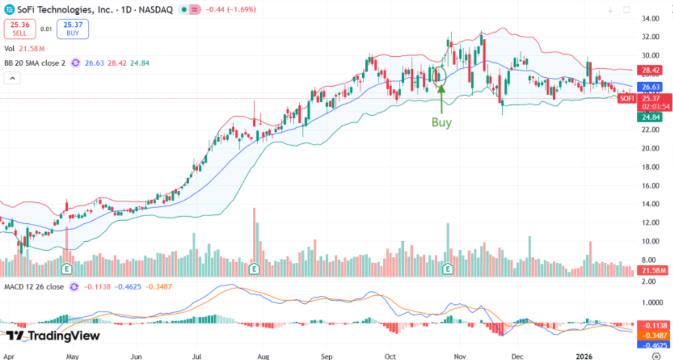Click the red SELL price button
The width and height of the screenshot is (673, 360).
[x=19, y=29]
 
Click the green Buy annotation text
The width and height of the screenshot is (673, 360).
[x=442, y=122]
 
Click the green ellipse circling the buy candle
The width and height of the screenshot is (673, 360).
[x=440, y=76]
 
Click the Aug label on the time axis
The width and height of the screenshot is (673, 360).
[x=264, y=356]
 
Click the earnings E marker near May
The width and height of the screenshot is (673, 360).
[x=67, y=269]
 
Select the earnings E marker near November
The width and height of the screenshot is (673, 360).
[x=448, y=269]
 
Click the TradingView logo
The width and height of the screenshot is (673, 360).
[x=53, y=336]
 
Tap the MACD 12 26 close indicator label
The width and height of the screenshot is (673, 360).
[x=34, y=287]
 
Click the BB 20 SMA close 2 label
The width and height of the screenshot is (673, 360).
[x=35, y=63]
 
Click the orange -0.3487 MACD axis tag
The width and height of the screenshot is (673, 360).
[x=654, y=335]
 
